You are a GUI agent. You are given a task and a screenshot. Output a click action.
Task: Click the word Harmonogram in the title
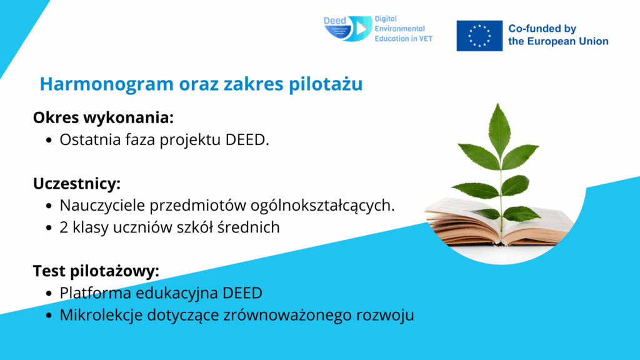pyautogui.click(x=106, y=84)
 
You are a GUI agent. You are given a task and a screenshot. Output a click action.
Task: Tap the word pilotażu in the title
pyautogui.click(x=326, y=84)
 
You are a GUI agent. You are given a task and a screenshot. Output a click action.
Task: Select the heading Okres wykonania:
pyautogui.click(x=103, y=118)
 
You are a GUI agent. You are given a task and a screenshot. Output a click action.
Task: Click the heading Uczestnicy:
pyautogui.click(x=77, y=184)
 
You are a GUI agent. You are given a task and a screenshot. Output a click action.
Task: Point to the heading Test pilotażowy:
pyautogui.click(x=96, y=271)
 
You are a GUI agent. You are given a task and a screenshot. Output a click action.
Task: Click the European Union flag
pyautogui.click(x=479, y=36)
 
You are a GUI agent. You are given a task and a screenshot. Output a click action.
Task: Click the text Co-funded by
pyautogui.click(x=542, y=29)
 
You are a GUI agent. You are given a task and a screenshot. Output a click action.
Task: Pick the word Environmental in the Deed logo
pyautogui.click(x=399, y=29)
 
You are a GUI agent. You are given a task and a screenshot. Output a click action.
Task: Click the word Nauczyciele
pyautogui.click(x=102, y=205)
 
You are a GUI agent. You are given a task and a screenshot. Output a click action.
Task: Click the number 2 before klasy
pyautogui.click(x=64, y=227)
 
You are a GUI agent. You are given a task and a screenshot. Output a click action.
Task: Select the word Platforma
pyautogui.click(x=96, y=293)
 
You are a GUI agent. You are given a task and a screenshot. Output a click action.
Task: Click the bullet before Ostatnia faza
pyautogui.click(x=49, y=140)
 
